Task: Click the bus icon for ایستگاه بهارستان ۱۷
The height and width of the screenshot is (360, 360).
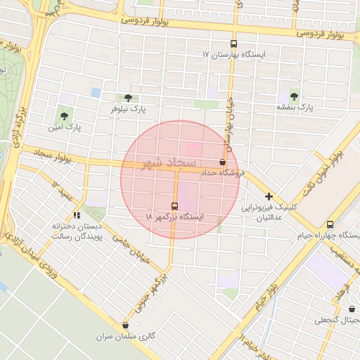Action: coord(233,44)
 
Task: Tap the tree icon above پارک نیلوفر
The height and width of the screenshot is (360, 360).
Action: coord(127,98)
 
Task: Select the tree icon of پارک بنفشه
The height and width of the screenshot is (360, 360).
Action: coord(293,96)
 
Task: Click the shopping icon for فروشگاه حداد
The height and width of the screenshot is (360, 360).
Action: coord(223,162)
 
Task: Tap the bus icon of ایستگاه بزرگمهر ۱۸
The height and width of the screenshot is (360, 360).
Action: coord(174,206)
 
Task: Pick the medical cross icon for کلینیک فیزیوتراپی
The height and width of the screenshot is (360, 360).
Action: coord(269,196)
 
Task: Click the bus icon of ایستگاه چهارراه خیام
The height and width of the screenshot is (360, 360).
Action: coord(330,224)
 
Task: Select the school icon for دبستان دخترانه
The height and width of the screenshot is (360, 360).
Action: coord(77,215)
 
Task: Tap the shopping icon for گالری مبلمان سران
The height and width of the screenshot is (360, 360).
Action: coord(125,325)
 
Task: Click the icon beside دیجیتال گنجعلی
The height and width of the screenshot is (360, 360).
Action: coord(352,309)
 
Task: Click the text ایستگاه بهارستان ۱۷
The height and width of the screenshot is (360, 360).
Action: coord(206,54)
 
